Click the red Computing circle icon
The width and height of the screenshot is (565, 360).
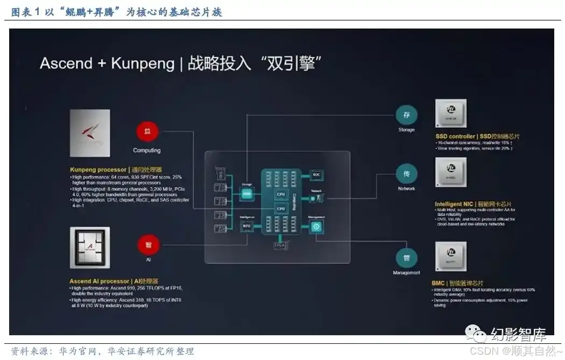[147, 132]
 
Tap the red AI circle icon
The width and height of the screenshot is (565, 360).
[148, 245]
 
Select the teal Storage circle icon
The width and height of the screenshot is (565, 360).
[406, 115]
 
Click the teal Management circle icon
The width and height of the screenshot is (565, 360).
[406, 257]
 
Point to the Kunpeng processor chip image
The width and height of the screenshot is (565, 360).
[90, 133]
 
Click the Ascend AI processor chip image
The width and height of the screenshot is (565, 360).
[90, 248]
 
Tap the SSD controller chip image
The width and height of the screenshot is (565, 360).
[451, 114]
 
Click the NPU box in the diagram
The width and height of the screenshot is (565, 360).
[247, 226]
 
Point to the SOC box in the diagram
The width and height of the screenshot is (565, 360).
[316, 175]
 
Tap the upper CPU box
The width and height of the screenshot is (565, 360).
[280, 194]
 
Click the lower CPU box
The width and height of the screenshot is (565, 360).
[280, 208]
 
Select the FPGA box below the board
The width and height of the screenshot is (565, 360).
[279, 245]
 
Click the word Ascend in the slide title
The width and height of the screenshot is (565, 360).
[66, 63]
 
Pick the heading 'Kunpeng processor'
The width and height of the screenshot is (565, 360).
[98, 170]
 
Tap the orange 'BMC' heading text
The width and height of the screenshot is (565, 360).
[438, 283]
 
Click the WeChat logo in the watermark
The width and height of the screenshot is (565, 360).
[476, 334]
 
